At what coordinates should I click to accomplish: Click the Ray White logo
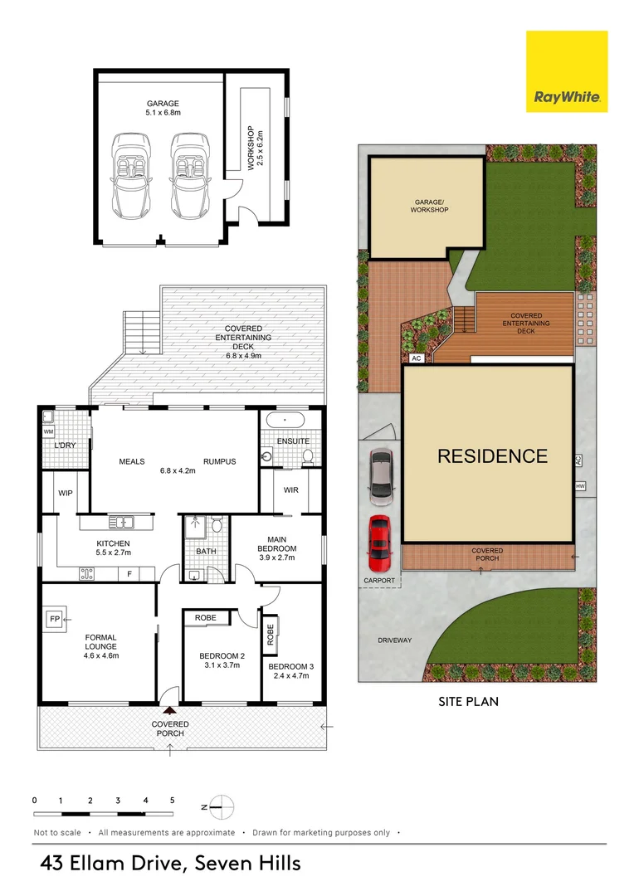tap(567, 71)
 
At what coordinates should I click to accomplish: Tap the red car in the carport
tap(379, 543)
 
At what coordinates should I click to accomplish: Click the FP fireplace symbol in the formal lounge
tap(55, 619)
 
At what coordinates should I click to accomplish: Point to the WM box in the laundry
tap(49, 432)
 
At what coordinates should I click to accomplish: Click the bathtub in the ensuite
tap(285, 421)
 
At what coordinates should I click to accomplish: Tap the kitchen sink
tap(122, 523)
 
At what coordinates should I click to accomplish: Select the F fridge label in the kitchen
tap(129, 574)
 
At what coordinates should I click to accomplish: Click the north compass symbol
tap(222, 807)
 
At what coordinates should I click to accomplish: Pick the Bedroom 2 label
tap(222, 656)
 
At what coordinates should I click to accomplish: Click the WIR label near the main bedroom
tap(291, 489)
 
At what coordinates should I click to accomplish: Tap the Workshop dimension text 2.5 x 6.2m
tap(260, 148)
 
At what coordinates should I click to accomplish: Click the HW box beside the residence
tap(580, 486)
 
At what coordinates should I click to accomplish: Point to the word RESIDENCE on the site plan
tap(493, 456)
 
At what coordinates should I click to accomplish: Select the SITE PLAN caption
tap(468, 702)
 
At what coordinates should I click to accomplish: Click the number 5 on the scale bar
tap(172, 800)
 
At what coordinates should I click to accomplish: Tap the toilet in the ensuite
tap(308, 455)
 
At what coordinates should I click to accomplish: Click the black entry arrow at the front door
tap(170, 711)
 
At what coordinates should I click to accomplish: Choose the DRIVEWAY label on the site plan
tap(394, 640)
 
